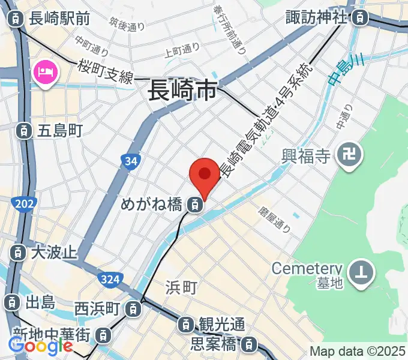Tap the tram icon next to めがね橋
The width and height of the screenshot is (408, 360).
194,205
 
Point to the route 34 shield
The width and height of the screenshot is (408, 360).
130,161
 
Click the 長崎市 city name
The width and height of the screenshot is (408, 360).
182,92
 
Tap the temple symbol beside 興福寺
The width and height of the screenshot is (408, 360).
349,157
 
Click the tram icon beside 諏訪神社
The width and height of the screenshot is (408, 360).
359,17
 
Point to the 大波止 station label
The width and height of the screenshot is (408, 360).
53,251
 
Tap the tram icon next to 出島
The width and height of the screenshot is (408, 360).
11,302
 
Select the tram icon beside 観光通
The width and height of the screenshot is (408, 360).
187,325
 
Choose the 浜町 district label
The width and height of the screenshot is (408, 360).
181,289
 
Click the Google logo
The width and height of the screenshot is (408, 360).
40,346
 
